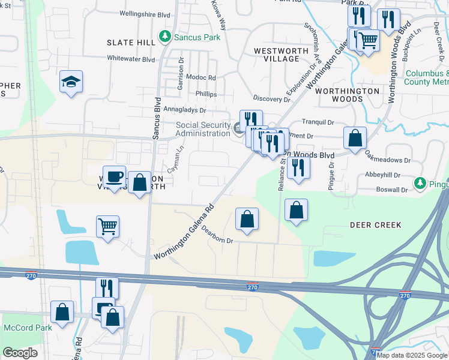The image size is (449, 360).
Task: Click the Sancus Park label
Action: tap(197, 37)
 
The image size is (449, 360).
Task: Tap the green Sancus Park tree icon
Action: tap(165, 37)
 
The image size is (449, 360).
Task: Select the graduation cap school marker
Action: tap(71, 82)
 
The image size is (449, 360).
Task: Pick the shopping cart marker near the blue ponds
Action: tap(108, 227)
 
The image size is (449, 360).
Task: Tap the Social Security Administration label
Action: tap(203, 129)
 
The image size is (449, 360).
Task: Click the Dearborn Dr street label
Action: tap(217, 235)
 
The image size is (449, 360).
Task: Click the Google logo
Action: tap(20, 353)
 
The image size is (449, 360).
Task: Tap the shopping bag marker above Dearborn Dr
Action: tap(247, 219)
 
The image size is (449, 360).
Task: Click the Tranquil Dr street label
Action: tap(318, 122)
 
